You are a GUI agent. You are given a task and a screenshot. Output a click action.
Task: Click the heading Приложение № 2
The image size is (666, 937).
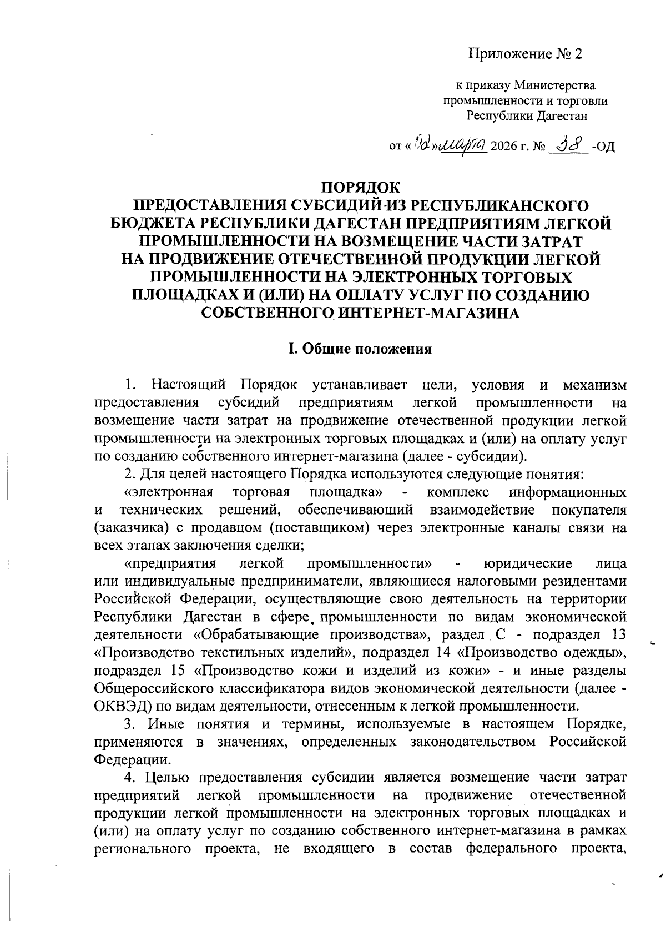pos(527,54)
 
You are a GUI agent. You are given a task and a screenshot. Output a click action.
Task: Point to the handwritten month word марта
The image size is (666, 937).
pos(463,145)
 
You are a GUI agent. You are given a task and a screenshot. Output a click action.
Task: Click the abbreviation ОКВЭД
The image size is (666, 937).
pos(122,706)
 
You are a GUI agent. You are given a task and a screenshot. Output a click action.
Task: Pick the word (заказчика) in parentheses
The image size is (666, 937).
pos(131,528)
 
